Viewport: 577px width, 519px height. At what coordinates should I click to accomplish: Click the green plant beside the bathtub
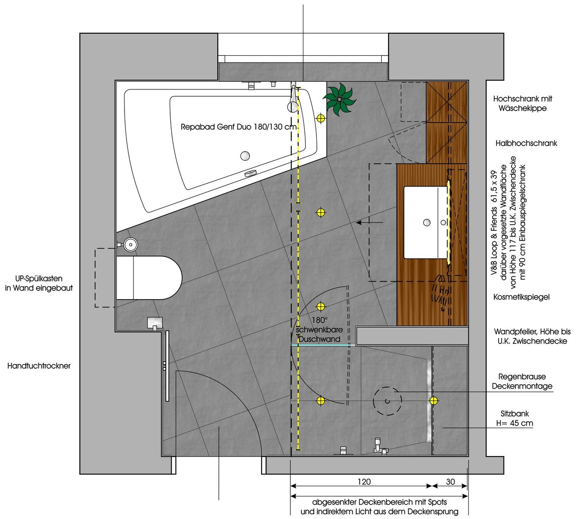click(339, 99)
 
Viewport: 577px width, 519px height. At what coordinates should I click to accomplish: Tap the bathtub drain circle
click(245, 156)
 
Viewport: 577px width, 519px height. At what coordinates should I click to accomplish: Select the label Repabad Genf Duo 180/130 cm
click(238, 127)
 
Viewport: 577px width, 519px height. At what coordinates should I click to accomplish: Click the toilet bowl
click(149, 278)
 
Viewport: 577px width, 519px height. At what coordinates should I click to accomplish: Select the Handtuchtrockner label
click(39, 366)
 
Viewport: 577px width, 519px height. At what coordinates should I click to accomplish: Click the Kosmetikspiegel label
click(522, 297)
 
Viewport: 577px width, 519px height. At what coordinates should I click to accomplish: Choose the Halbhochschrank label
click(527, 143)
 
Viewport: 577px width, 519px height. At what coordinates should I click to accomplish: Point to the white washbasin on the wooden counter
click(426, 222)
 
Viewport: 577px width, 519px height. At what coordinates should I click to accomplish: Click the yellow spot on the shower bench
click(433, 400)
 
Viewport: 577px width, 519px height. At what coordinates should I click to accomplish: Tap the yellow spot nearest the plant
click(321, 118)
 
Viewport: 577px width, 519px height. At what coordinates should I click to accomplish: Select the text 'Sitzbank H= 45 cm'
click(514, 418)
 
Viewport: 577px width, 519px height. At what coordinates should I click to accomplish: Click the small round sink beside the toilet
click(131, 245)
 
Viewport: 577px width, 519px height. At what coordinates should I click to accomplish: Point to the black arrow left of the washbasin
click(370, 223)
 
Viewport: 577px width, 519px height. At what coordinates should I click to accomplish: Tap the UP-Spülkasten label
click(39, 283)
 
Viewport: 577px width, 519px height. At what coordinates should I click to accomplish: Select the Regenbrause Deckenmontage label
click(522, 381)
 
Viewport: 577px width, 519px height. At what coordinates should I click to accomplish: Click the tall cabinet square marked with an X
click(446, 102)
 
